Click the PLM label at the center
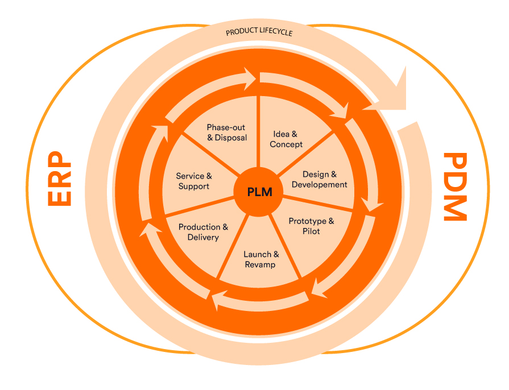pos(259,192)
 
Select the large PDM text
pos(455,186)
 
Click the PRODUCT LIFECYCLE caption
pos(259,32)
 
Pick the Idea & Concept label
pos(285,139)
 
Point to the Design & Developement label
pos(319,180)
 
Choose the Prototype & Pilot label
pos(311,226)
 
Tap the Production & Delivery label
pos(203,232)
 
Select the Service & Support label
pos(193,181)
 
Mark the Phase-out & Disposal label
pos(226,132)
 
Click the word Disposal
pos(231,138)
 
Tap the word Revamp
pos(260,265)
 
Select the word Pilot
pos(311,231)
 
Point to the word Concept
pos(286,144)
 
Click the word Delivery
pos(203,237)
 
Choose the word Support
pos(193,186)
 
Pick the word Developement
pos(319,185)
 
